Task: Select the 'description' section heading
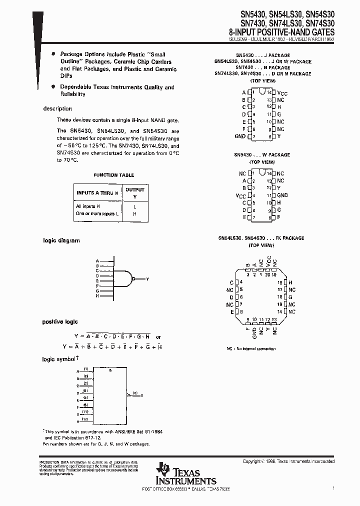[57, 108]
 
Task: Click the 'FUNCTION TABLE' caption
[113, 175]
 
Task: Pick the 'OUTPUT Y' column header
[134, 192]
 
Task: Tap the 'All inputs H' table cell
[88, 206]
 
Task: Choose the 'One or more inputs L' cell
[97, 213]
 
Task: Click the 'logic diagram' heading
[61, 240]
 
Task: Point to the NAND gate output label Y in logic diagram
[147, 278]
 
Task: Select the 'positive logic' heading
[60, 322]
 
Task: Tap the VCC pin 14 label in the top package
[282, 93]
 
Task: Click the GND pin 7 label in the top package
[240, 136]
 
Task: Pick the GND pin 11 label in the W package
[282, 195]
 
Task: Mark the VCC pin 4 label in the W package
[240, 195]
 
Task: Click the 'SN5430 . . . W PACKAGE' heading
[261, 155]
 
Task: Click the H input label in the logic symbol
[77, 421]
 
